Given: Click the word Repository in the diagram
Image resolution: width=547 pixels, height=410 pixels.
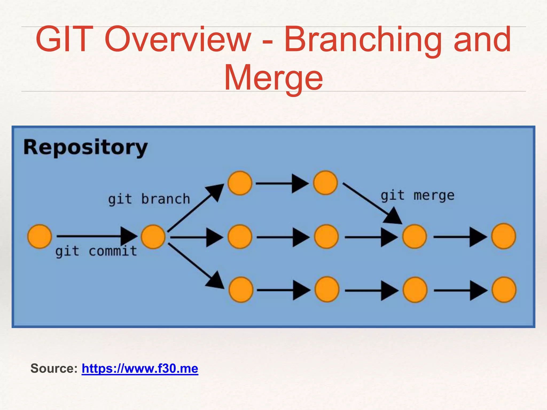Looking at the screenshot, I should [x=85, y=147].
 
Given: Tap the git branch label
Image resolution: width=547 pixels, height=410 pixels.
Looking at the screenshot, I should [x=149, y=199].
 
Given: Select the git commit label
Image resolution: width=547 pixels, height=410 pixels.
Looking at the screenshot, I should [x=96, y=251].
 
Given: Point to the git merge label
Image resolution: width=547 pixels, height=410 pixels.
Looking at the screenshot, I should [x=417, y=196].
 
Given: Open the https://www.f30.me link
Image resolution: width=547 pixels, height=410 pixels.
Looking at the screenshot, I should [x=140, y=368].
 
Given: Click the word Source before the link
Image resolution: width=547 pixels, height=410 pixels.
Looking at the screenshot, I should [x=54, y=368].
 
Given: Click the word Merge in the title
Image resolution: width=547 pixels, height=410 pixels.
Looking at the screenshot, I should [x=273, y=78].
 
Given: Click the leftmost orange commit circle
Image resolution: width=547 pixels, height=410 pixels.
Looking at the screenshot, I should [x=40, y=236].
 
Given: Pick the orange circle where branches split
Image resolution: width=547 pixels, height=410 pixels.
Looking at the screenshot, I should [x=153, y=237].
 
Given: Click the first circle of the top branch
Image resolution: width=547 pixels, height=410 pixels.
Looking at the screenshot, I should [x=240, y=183].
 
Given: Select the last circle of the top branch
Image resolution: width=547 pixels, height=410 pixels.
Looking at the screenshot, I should [x=325, y=183].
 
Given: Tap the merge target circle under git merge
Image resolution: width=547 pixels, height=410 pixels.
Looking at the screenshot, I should [x=414, y=237].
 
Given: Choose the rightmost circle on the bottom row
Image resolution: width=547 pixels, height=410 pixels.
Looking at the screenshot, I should [x=504, y=290].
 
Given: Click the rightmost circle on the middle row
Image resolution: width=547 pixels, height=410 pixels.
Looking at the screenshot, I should [x=503, y=236].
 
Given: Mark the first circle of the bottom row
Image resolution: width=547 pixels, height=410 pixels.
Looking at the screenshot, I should [x=241, y=290].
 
